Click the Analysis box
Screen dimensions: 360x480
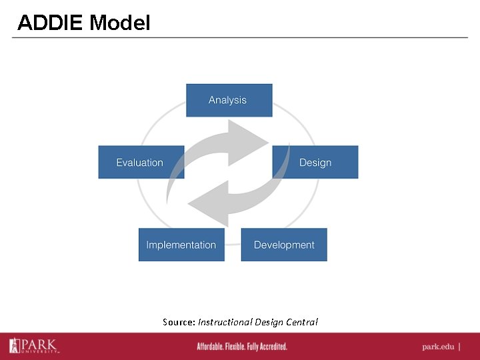229,100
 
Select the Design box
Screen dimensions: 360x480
315,162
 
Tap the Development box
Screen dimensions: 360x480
284,245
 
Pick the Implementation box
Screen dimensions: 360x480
181,245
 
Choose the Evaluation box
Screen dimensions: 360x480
140,162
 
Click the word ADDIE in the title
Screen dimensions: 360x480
51,23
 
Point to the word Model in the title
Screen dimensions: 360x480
120,23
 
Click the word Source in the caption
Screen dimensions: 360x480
178,322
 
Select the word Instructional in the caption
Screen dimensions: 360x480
224,322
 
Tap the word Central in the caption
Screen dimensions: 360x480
302,322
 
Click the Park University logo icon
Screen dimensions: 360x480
15,345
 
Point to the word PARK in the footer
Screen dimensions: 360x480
40,344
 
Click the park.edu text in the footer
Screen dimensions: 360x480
439,347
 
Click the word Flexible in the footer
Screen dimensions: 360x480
240,347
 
